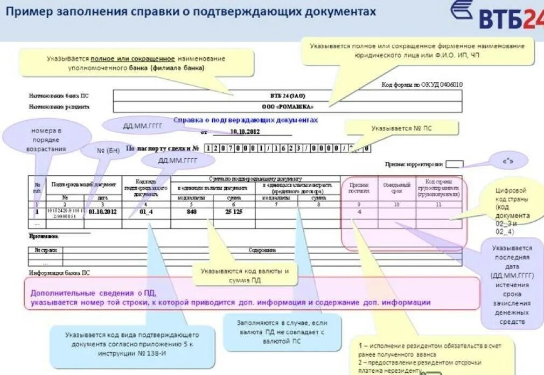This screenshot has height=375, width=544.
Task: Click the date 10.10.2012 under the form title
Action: coord(245,131)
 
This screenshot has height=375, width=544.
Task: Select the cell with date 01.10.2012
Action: coord(102,212)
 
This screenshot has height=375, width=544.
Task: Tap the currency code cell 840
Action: coord(192,212)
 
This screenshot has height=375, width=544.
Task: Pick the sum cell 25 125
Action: coord(234,212)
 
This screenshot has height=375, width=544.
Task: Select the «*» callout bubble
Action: coord(507,161)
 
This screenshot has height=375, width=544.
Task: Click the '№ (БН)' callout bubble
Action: coord(108,151)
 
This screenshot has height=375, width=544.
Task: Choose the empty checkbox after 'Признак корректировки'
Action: coord(454,164)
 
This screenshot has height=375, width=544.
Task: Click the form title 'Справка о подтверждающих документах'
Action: coord(246,120)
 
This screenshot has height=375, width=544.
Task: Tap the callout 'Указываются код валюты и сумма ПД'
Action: coord(245,275)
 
